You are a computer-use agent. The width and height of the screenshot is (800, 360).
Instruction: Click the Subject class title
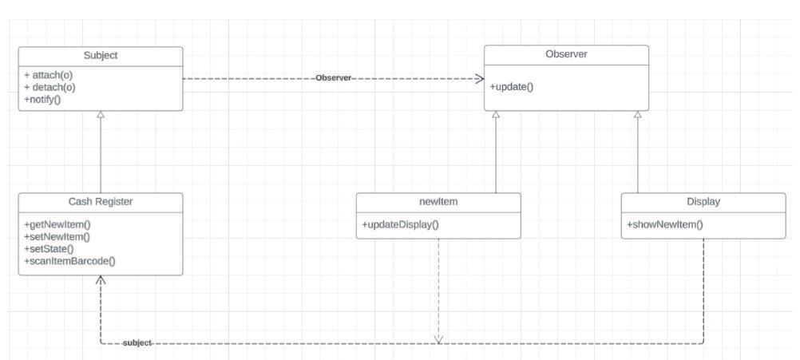(x=101, y=55)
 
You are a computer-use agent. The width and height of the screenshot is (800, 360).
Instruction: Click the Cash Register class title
(x=101, y=202)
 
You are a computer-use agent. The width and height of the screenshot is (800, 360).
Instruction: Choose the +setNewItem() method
(x=57, y=237)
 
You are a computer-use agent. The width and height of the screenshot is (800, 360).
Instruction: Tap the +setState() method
(x=50, y=248)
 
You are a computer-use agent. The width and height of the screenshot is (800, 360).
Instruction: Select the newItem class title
(x=438, y=202)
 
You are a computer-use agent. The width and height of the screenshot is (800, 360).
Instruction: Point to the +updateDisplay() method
(x=401, y=224)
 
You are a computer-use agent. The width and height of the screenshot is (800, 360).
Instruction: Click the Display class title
(x=703, y=202)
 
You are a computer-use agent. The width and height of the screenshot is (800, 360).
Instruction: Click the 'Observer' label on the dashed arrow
(x=334, y=78)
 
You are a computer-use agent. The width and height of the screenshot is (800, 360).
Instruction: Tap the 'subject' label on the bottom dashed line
(x=137, y=342)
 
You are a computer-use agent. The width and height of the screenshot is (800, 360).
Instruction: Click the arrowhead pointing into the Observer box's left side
(x=479, y=78)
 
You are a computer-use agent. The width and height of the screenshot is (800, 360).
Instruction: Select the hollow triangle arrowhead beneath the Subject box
(x=101, y=115)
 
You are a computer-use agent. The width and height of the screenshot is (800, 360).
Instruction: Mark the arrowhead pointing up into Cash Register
(x=101, y=280)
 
